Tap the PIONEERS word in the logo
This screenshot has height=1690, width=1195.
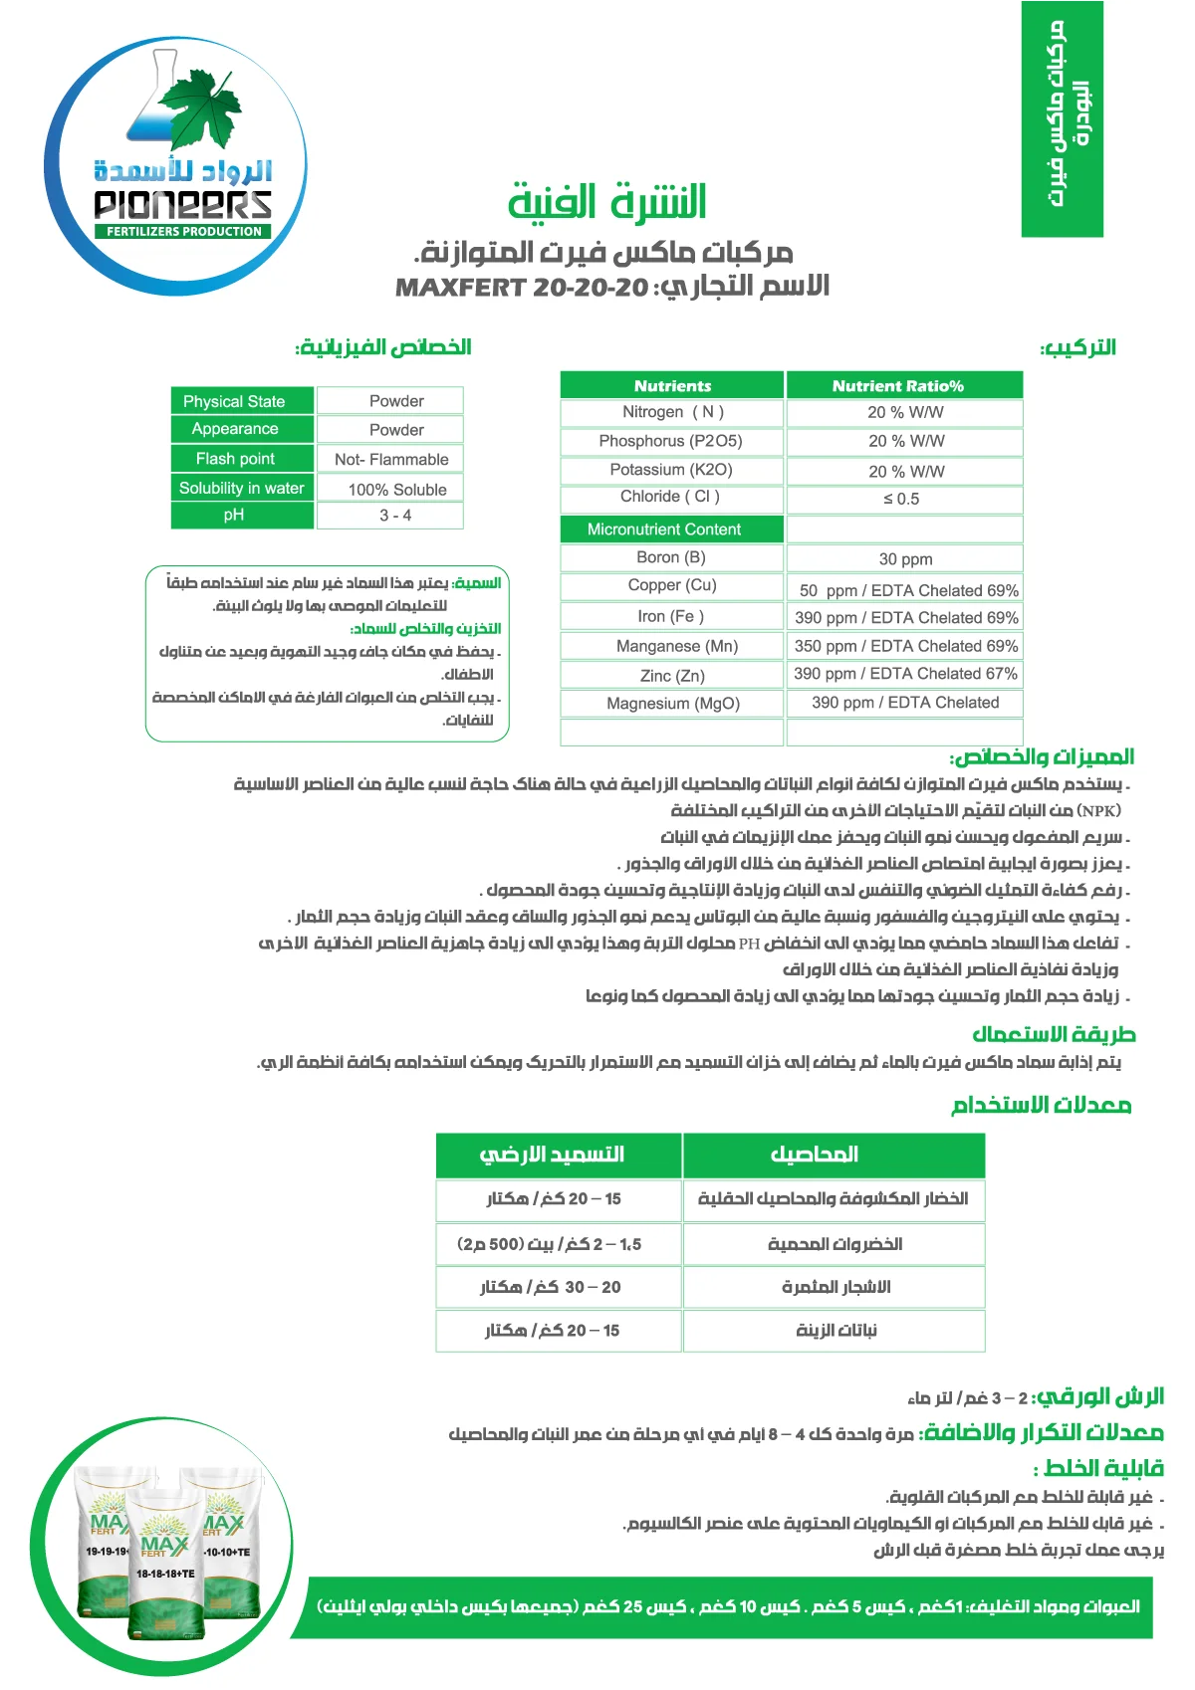tap(183, 204)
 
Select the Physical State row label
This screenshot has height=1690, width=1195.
tap(234, 401)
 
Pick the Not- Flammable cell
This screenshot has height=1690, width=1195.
tap(391, 459)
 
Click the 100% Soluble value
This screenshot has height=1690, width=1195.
tap(397, 489)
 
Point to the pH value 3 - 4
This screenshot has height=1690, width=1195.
tap(395, 516)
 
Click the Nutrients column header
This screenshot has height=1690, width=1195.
tap(672, 386)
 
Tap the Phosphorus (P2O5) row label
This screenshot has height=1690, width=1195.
tap(670, 441)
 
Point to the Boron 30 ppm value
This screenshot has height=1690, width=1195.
tap(905, 559)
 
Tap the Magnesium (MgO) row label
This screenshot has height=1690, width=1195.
tap(673, 704)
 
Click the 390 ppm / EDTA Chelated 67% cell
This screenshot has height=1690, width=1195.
tap(905, 674)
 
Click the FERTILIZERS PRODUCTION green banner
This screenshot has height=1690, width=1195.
tap(184, 231)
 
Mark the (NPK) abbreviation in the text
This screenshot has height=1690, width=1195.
tap(1099, 811)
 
